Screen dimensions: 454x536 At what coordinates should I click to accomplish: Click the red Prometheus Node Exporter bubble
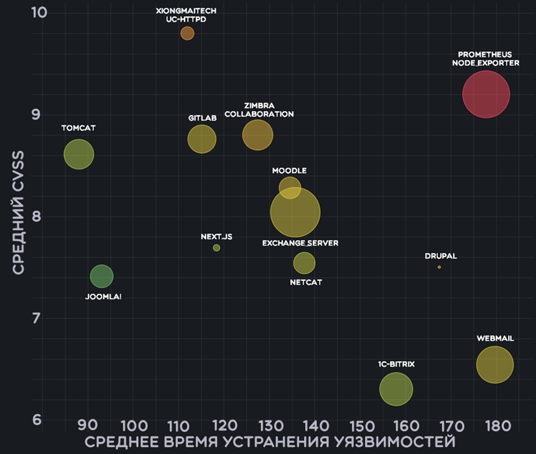pyautogui.click(x=486, y=94)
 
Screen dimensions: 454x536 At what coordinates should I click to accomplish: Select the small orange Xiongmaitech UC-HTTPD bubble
pyautogui.click(x=187, y=33)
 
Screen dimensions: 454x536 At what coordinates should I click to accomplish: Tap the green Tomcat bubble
pyautogui.click(x=78, y=155)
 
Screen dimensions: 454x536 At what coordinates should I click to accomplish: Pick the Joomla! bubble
pyautogui.click(x=101, y=276)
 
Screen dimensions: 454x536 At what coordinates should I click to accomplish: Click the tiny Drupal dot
pyautogui.click(x=439, y=267)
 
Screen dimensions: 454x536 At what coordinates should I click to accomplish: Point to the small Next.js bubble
pyautogui.click(x=216, y=248)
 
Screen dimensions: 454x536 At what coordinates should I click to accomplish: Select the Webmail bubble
pyautogui.click(x=495, y=364)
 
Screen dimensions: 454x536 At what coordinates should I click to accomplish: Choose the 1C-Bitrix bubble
pyautogui.click(x=396, y=388)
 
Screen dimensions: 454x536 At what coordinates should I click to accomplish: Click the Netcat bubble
pyautogui.click(x=304, y=263)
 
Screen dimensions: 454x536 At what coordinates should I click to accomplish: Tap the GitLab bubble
pyautogui.click(x=202, y=139)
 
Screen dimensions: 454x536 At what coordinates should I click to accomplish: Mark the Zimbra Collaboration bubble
pyautogui.click(x=258, y=135)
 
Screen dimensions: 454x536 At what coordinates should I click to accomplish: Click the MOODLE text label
pyautogui.click(x=289, y=171)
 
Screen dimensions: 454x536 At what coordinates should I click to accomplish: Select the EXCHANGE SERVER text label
pyautogui.click(x=300, y=243)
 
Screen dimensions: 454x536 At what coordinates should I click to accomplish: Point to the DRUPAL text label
pyautogui.click(x=441, y=256)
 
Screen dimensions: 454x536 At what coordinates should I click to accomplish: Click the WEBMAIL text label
pyautogui.click(x=495, y=339)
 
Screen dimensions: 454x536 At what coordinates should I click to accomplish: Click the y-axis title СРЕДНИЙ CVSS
pyautogui.click(x=19, y=212)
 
